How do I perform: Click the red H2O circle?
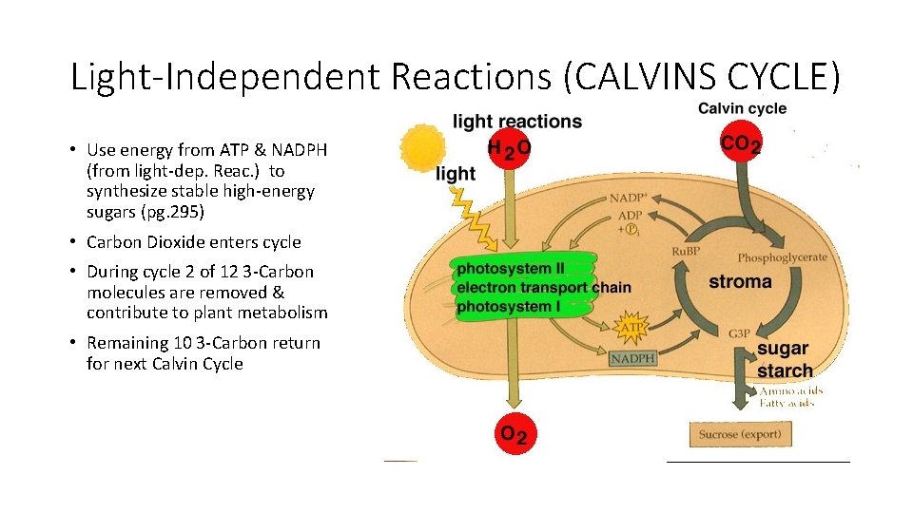510,149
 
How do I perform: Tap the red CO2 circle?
742,144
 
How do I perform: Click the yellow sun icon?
422,149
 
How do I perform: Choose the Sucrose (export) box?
739,434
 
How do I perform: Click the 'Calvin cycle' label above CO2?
742,108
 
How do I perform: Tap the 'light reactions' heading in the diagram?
517,122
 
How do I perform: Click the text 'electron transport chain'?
543,288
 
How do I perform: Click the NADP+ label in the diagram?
630,199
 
